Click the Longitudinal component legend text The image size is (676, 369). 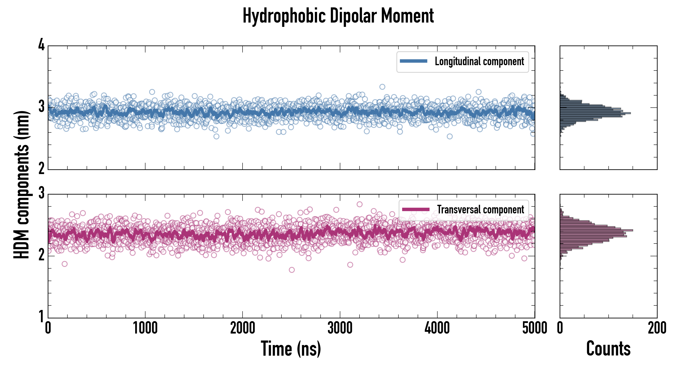[479, 61]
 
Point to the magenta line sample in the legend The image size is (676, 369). [416, 209]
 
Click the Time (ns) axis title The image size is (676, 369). [291, 348]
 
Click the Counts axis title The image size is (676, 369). [608, 348]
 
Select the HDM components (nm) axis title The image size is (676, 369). [22, 185]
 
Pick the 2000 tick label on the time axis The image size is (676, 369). [243, 328]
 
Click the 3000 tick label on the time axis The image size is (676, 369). [340, 328]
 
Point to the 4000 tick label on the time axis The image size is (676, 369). [437, 328]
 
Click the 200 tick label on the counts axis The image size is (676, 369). [657, 328]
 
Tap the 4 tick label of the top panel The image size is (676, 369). [41, 45]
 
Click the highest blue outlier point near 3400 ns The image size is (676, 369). [382, 87]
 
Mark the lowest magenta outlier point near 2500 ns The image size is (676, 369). [291, 270]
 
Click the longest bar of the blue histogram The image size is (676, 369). [595, 113]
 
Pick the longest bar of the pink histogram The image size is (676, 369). [596, 230]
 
